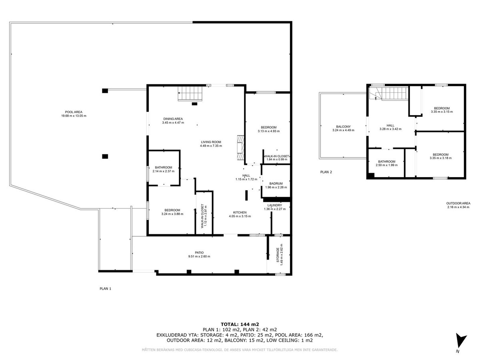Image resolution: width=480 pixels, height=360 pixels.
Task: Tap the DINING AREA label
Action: click(x=173, y=119)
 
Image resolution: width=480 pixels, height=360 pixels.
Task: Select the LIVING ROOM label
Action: click(x=211, y=142)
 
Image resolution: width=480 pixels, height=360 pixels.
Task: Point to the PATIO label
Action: click(x=199, y=252)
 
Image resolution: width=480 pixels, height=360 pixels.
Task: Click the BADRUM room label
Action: click(x=276, y=184)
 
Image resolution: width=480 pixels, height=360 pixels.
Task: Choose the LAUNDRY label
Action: click(x=276, y=205)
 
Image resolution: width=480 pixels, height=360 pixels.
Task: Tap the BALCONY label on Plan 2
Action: click(x=343, y=126)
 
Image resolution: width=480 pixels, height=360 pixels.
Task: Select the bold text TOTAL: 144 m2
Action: click(x=240, y=324)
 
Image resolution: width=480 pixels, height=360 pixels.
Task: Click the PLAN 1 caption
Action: click(x=105, y=288)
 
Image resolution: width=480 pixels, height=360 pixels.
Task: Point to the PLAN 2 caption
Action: click(x=326, y=172)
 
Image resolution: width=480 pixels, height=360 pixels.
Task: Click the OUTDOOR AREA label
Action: click(x=459, y=203)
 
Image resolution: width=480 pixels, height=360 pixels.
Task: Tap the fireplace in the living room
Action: click(x=240, y=148)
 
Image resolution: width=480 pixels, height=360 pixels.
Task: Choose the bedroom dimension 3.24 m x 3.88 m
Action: click(x=172, y=214)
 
